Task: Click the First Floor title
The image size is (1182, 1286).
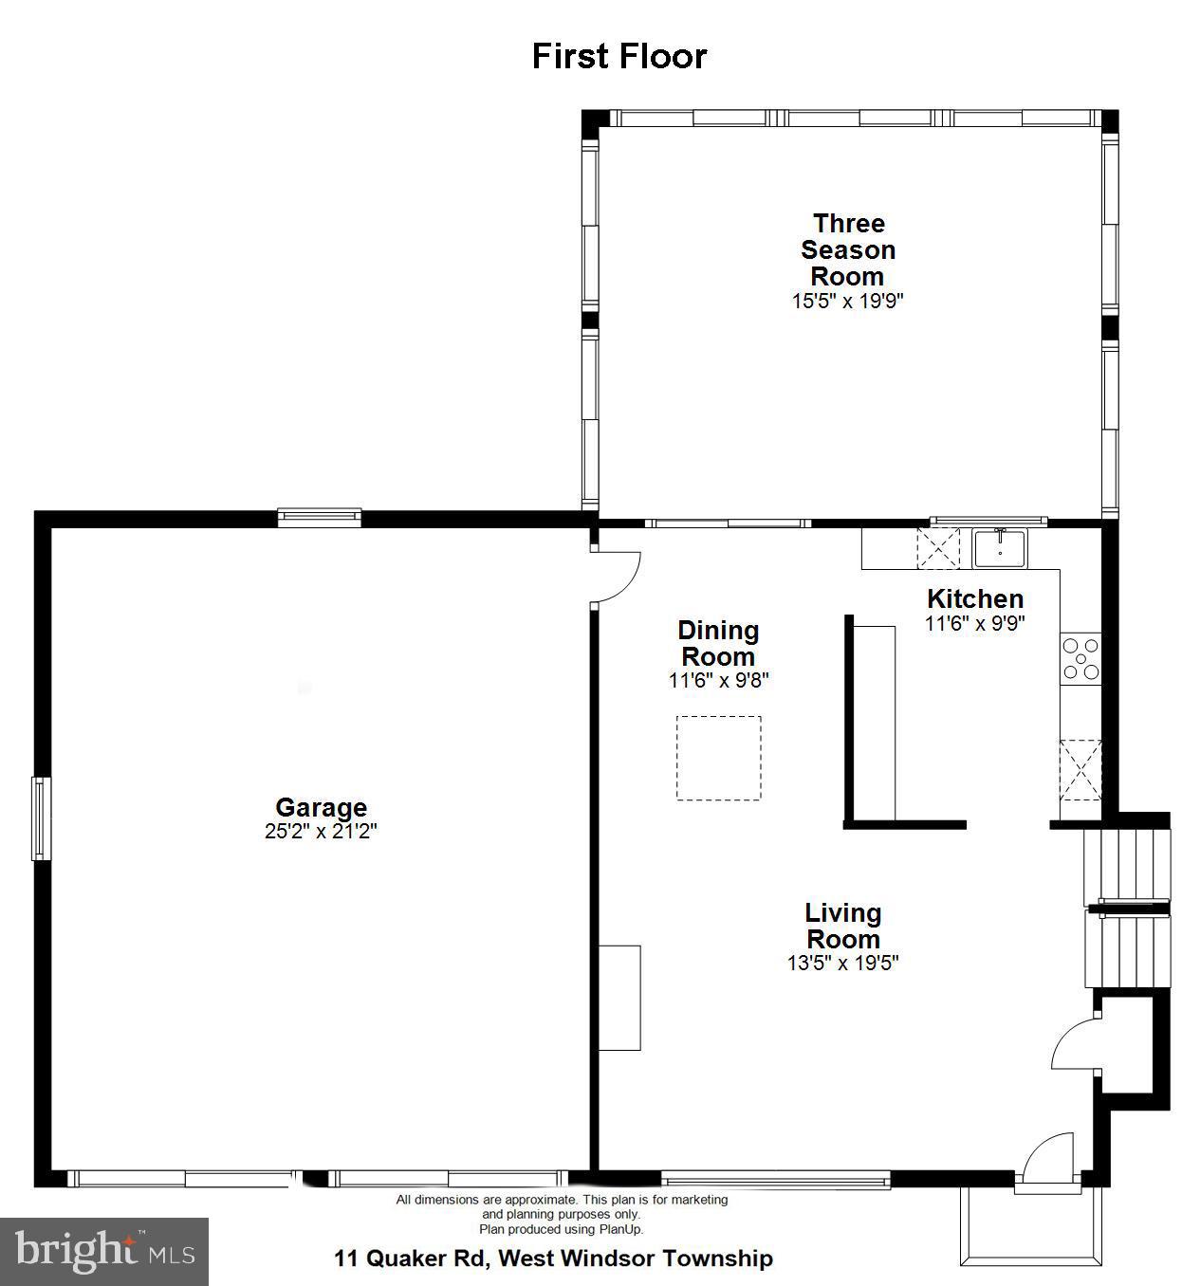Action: pyautogui.click(x=619, y=56)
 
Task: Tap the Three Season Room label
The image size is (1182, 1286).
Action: pyautogui.click(x=848, y=249)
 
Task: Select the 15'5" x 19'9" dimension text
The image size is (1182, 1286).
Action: pyautogui.click(x=848, y=302)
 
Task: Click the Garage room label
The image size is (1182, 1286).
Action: pyautogui.click(x=321, y=807)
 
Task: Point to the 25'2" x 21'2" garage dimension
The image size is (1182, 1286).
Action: pyautogui.click(x=321, y=832)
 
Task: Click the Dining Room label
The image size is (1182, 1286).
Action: pyautogui.click(x=718, y=643)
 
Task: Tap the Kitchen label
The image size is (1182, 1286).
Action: pyautogui.click(x=975, y=598)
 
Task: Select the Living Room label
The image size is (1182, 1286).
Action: pyautogui.click(x=843, y=926)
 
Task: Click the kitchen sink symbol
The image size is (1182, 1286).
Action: pyautogui.click(x=1000, y=549)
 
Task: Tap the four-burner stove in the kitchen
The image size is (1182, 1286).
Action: pyautogui.click(x=1080, y=659)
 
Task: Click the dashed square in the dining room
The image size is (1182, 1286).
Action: pyautogui.click(x=718, y=758)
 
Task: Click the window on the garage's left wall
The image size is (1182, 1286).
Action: pyautogui.click(x=41, y=818)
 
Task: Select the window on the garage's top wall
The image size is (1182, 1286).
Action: pyautogui.click(x=320, y=517)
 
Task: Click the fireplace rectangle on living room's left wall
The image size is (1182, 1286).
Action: pyautogui.click(x=619, y=997)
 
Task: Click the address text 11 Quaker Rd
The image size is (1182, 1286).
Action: pyautogui.click(x=553, y=1258)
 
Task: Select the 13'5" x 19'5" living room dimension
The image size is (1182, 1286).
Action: pyautogui.click(x=843, y=963)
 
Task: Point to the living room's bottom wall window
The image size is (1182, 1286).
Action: pyautogui.click(x=775, y=1180)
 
